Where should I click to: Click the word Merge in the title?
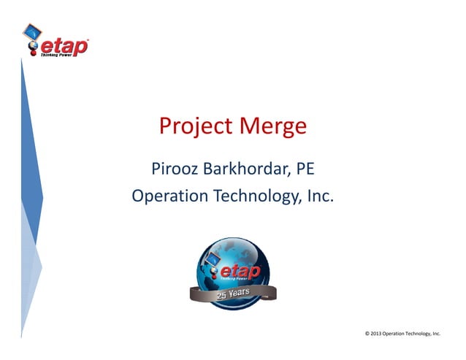pos(270,127)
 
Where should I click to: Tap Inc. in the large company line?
pos(319,196)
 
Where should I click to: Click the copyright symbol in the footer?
pos(366,334)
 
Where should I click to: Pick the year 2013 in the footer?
pos(375,334)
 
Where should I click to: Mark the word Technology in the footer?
pos(419,334)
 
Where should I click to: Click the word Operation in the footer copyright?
pos(394,334)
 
